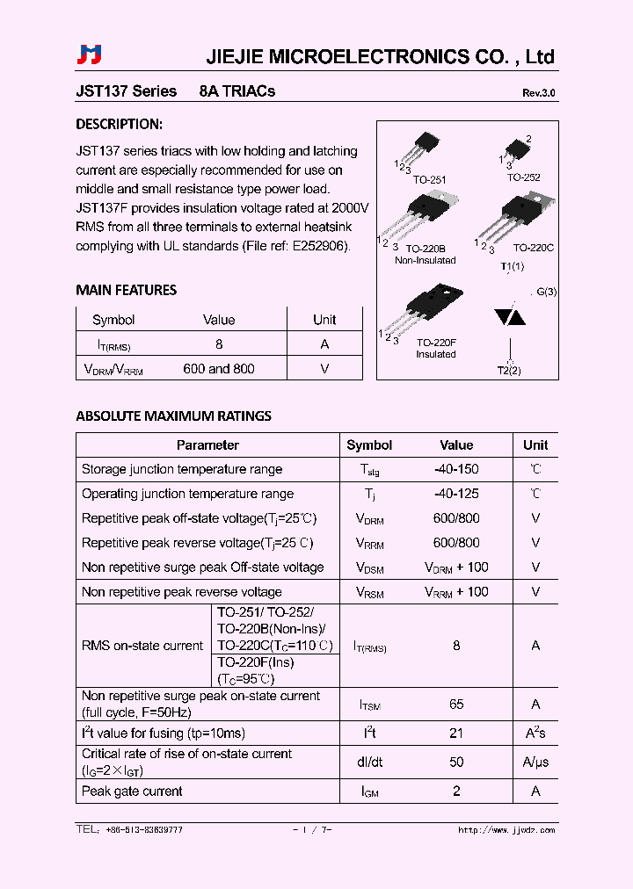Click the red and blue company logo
click(90, 55)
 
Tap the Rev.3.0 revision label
click(538, 93)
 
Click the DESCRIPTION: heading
click(119, 125)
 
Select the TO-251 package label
click(429, 179)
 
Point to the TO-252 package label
click(523, 177)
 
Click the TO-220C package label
click(533, 249)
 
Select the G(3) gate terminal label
click(545, 292)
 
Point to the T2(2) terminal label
click(509, 371)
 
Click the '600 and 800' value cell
click(219, 369)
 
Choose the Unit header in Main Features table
click(324, 320)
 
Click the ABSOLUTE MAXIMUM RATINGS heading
click(173, 416)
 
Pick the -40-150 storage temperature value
click(456, 469)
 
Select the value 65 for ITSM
click(456, 705)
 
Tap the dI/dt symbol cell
click(369, 763)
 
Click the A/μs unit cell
click(535, 763)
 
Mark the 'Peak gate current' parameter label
click(132, 791)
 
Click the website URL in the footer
click(506, 830)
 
